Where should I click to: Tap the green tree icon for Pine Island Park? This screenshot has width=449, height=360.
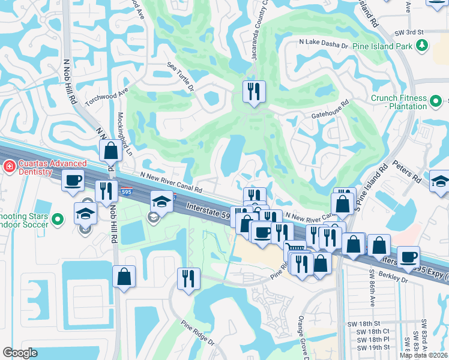coord(422,45)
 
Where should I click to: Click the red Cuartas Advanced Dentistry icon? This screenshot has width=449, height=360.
coord(9,165)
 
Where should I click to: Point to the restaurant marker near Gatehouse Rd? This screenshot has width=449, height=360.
coord(254,92)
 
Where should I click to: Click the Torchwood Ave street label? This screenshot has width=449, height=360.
coord(107,95)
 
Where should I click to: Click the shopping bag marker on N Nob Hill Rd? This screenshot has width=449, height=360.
coord(111,151)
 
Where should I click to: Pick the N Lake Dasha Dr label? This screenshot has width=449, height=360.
coord(324,44)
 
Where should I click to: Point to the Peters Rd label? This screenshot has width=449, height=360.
coord(407,171)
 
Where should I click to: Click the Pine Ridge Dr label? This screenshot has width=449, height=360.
coord(198,331)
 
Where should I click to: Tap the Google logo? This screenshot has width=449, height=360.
coord(20,353)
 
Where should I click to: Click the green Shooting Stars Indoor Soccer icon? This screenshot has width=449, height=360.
coord(58,220)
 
